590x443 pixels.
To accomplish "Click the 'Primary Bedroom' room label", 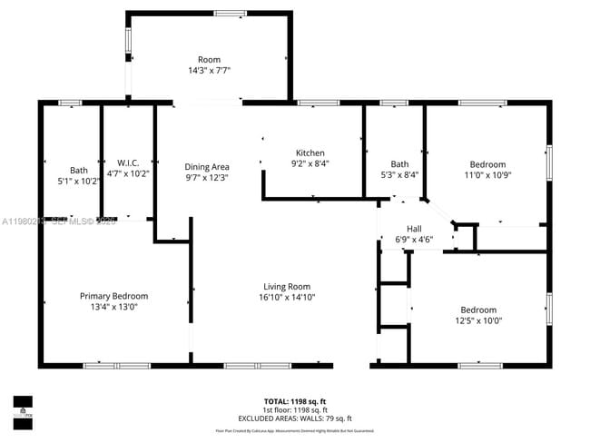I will pyautogui.click(x=113, y=296).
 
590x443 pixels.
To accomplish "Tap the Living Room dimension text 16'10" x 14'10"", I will pyautogui.click(x=287, y=297).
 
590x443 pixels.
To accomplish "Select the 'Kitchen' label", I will pyautogui.click(x=310, y=153).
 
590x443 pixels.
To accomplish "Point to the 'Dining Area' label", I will pyautogui.click(x=207, y=167).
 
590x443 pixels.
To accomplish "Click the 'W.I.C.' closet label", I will pyautogui.click(x=127, y=162).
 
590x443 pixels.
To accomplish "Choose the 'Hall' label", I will pyautogui.click(x=414, y=229).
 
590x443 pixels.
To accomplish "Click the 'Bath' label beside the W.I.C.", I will pyautogui.click(x=79, y=170).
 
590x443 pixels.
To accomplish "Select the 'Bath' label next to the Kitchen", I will pyautogui.click(x=399, y=164).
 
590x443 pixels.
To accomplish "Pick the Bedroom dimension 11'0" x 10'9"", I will pyautogui.click(x=487, y=175).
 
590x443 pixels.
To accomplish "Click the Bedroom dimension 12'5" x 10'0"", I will pyautogui.click(x=477, y=320).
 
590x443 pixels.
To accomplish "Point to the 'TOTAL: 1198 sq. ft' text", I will pyautogui.click(x=295, y=400).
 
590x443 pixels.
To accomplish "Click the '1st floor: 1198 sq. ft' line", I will pyautogui.click(x=295, y=409).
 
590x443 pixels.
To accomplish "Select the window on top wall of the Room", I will pyautogui.click(x=230, y=13).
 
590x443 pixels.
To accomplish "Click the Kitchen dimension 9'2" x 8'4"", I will pyautogui.click(x=310, y=164).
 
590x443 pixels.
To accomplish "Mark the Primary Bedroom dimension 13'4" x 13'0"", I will pyautogui.click(x=113, y=307).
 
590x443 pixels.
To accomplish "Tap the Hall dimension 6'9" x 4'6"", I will pyautogui.click(x=414, y=240).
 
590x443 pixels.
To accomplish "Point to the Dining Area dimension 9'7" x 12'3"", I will pyautogui.click(x=207, y=178).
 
